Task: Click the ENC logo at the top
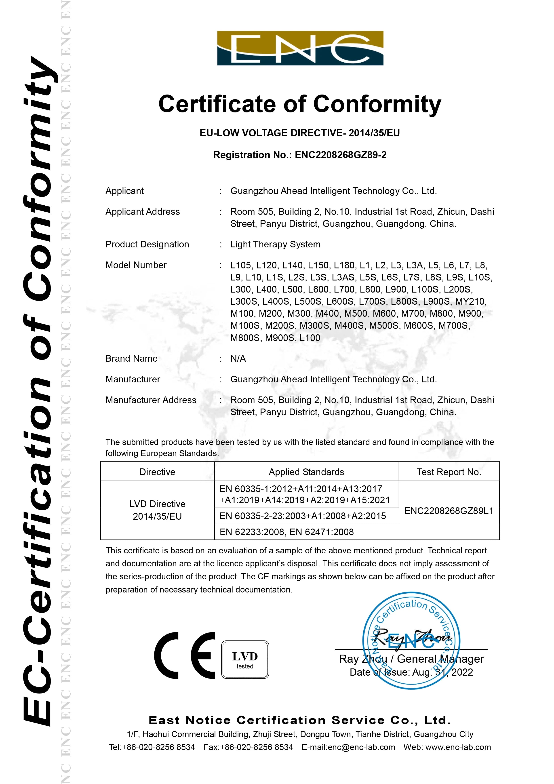pos(300,48)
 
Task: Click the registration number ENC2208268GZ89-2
pos(340,155)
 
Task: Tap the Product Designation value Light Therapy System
pos(275,244)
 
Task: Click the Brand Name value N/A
pos(238,358)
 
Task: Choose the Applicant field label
pos(125,191)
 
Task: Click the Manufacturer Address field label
pos(151,400)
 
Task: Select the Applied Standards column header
pos(306,472)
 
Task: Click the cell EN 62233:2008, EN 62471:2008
pos(286,532)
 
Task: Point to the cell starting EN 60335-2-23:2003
pos(302,516)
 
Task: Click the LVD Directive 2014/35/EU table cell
pos(157,510)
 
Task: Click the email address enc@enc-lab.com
pos(361,748)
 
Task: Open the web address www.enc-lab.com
pos(458,748)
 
